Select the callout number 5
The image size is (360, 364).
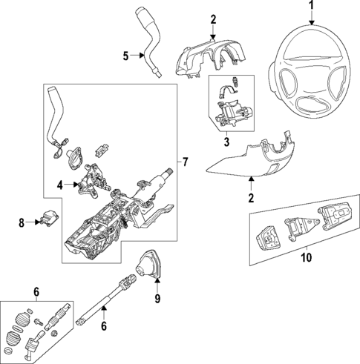[x=126, y=54]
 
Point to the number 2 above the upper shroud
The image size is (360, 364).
[x=212, y=18]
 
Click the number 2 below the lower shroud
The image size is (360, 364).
[x=250, y=198]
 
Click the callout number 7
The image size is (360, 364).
[x=186, y=161]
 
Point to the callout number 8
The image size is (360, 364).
[x=22, y=221]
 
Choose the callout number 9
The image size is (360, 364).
[x=157, y=299]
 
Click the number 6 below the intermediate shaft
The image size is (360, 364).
[x=104, y=325]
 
